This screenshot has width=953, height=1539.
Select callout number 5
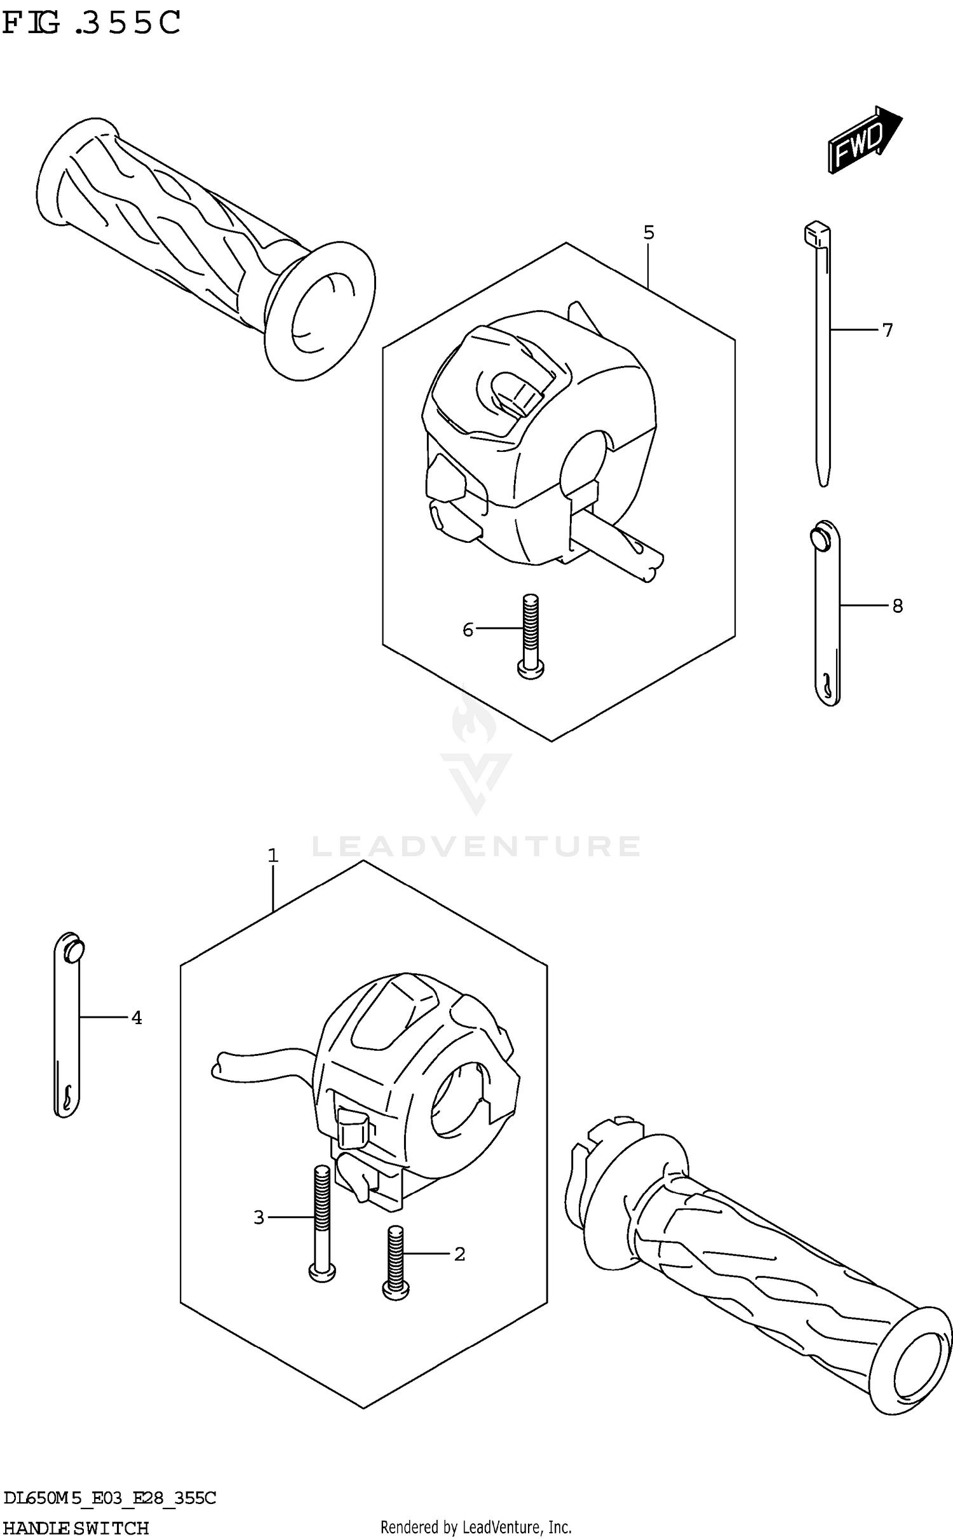click(648, 233)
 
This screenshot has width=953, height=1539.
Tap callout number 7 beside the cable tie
click(887, 330)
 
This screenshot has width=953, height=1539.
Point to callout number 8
click(896, 606)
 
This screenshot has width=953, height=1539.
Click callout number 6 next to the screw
click(468, 629)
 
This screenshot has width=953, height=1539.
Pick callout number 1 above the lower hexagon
click(273, 856)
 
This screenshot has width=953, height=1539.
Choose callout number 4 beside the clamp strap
click(137, 1018)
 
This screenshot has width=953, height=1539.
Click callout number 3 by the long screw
click(259, 1217)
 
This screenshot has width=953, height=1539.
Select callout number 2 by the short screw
click(459, 1254)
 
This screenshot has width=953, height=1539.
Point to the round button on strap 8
click(820, 537)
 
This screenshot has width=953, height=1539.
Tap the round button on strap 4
click(74, 950)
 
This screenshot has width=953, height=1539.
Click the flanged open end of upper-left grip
click(321, 311)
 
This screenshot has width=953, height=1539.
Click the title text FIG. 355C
click(92, 24)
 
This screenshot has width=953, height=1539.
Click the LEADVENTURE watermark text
click(476, 846)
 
